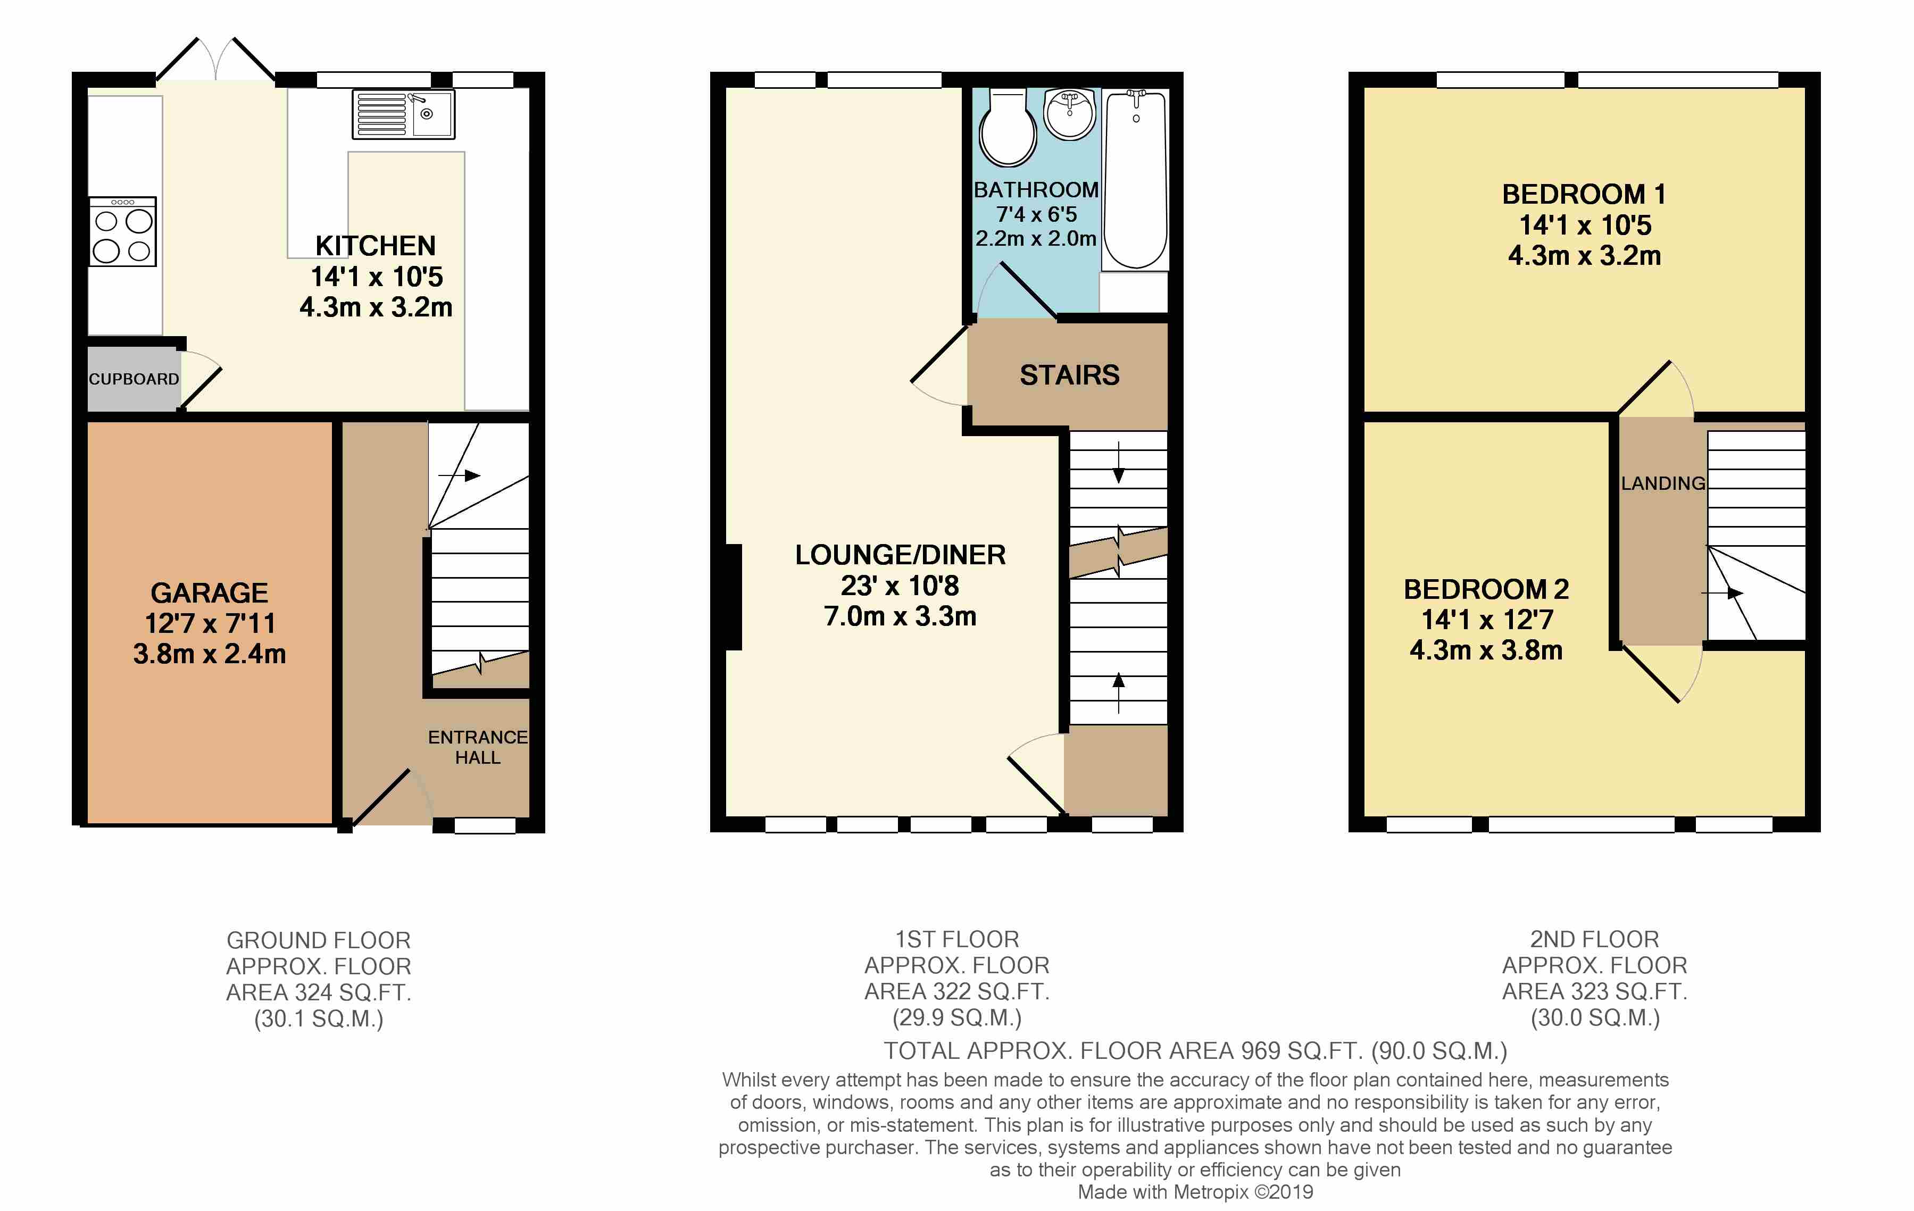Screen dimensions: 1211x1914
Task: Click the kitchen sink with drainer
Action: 403,114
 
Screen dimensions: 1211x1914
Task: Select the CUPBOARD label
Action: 134,379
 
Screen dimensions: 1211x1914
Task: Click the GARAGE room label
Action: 209,593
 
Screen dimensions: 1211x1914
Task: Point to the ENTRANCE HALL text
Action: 477,747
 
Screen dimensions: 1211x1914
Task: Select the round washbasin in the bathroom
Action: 1069,114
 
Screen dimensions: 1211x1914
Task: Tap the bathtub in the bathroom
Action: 1135,179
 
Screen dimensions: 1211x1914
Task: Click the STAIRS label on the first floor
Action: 1069,375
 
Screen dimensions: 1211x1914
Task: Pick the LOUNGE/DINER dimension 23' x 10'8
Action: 900,586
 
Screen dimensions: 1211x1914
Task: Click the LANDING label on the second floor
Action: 1663,483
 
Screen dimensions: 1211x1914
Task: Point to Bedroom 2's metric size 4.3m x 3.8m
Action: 1486,650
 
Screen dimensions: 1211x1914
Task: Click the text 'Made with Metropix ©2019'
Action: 1195,1192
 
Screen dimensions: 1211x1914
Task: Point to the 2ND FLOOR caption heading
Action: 1594,939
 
